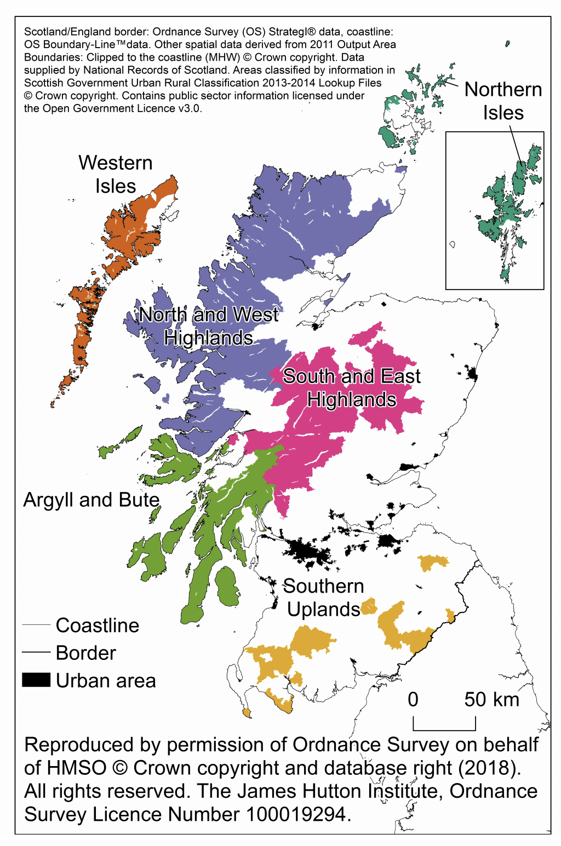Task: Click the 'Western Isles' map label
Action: pos(115,174)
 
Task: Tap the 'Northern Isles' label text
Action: pos(503,101)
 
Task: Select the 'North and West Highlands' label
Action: pos(208,326)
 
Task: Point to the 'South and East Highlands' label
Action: pos(351,387)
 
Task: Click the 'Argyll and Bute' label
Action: pos(91,500)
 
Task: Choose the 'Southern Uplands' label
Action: pos(323,598)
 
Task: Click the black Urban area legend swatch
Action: pos(36,680)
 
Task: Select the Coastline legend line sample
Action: pos(36,625)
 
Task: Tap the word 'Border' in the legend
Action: pos(86,653)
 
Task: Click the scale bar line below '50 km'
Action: pos(444,730)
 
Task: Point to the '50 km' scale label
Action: pos(491,699)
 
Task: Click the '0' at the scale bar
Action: pos(413,699)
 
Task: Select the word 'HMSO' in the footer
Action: pos(76,768)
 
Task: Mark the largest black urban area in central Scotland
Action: pos(307,550)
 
